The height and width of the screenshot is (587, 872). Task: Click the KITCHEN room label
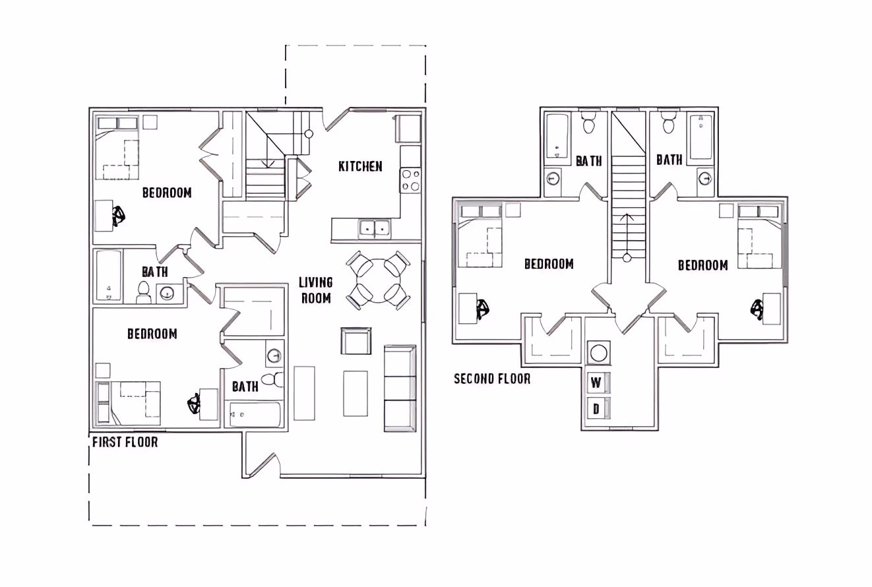(360, 166)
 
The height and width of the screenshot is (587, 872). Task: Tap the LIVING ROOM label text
(316, 290)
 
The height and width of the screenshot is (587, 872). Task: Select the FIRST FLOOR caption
(125, 442)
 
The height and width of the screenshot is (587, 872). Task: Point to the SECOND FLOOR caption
(492, 379)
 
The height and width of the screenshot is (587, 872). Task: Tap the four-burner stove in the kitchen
(410, 180)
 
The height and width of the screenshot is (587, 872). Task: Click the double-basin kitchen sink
(374, 229)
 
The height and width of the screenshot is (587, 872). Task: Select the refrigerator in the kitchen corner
(408, 129)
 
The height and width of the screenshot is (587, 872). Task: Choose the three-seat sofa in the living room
(400, 388)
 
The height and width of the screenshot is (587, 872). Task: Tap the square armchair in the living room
(356, 341)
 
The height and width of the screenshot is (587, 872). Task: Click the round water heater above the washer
(598, 352)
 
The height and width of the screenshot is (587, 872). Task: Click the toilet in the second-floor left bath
(589, 124)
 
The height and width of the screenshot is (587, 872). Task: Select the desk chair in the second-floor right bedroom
(758, 308)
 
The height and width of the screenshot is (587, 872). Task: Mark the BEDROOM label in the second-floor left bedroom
(548, 264)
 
